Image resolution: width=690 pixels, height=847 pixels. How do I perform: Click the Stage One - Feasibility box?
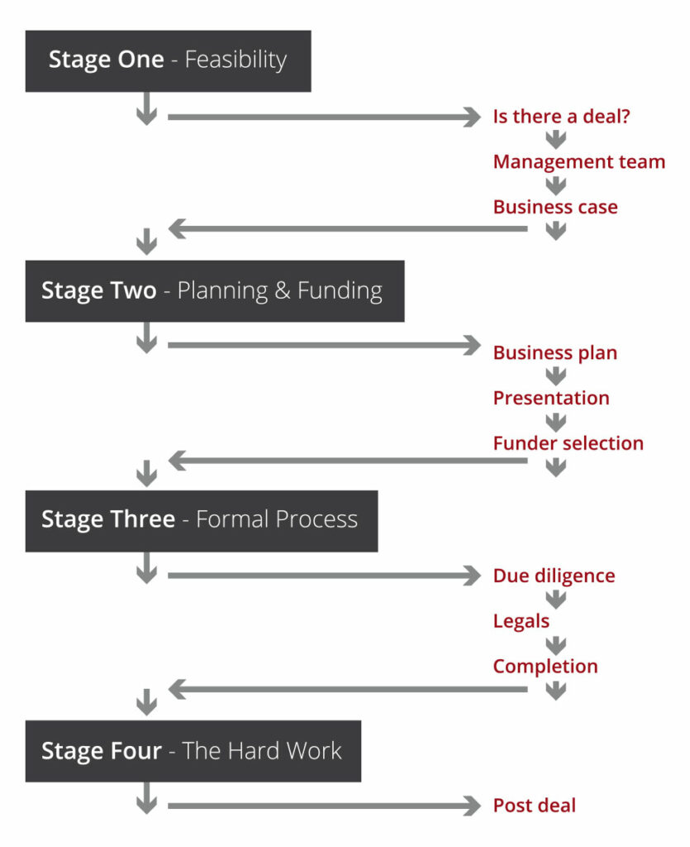169,61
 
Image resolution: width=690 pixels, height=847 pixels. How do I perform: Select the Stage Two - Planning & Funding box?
215,291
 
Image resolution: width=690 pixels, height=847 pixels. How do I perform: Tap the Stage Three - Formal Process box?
202,521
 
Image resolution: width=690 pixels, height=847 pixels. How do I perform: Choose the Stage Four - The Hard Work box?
193,751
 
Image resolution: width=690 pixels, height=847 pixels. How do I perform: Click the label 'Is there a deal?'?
562,116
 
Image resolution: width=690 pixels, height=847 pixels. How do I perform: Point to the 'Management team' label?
579,161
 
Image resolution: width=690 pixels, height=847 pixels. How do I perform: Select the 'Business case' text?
555,207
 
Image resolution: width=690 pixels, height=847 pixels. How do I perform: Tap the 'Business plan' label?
555,352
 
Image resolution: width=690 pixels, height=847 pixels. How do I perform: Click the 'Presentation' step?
551,398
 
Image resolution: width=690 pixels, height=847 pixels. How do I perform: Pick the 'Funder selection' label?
569,443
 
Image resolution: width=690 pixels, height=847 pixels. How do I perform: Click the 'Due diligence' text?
554,576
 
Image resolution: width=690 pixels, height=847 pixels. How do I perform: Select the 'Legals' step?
521,621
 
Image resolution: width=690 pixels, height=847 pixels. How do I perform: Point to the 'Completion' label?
545,667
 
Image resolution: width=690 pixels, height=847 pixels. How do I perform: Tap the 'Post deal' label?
535,806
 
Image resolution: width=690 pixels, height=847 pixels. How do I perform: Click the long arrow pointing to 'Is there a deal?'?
324,117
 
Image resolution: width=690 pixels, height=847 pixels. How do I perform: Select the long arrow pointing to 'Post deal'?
324,806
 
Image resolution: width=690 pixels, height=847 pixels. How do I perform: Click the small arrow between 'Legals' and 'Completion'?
555,644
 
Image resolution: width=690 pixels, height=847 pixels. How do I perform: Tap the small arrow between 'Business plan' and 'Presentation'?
555,376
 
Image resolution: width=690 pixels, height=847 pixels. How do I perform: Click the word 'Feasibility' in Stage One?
236,60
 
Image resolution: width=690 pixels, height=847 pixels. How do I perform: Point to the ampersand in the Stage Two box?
282,290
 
